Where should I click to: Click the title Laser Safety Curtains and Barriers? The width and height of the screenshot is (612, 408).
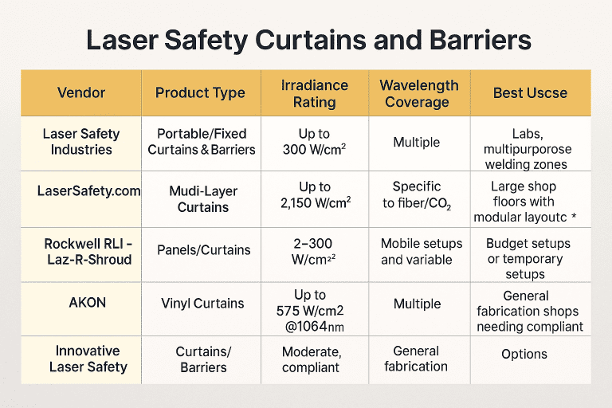tap(306, 39)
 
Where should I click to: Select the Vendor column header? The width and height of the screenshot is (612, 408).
tap(81, 92)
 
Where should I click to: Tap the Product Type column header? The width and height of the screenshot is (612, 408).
tap(200, 92)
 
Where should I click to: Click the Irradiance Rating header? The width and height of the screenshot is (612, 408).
tap(315, 92)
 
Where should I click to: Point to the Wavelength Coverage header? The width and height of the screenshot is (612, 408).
tap(418, 92)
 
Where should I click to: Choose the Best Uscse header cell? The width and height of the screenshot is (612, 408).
tap(530, 92)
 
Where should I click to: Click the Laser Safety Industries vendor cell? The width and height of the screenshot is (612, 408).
tap(81, 142)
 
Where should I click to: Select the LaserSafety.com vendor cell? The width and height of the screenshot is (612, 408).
tap(88, 191)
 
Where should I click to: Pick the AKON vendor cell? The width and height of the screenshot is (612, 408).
tap(82, 303)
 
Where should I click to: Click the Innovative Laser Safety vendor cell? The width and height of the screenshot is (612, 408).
tap(88, 359)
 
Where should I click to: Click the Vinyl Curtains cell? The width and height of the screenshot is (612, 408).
tap(202, 303)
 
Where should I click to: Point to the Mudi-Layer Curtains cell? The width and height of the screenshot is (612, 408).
tap(202, 198)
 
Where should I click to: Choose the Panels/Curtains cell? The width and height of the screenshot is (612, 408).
tap(202, 250)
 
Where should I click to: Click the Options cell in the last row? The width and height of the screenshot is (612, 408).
tap(524, 354)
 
